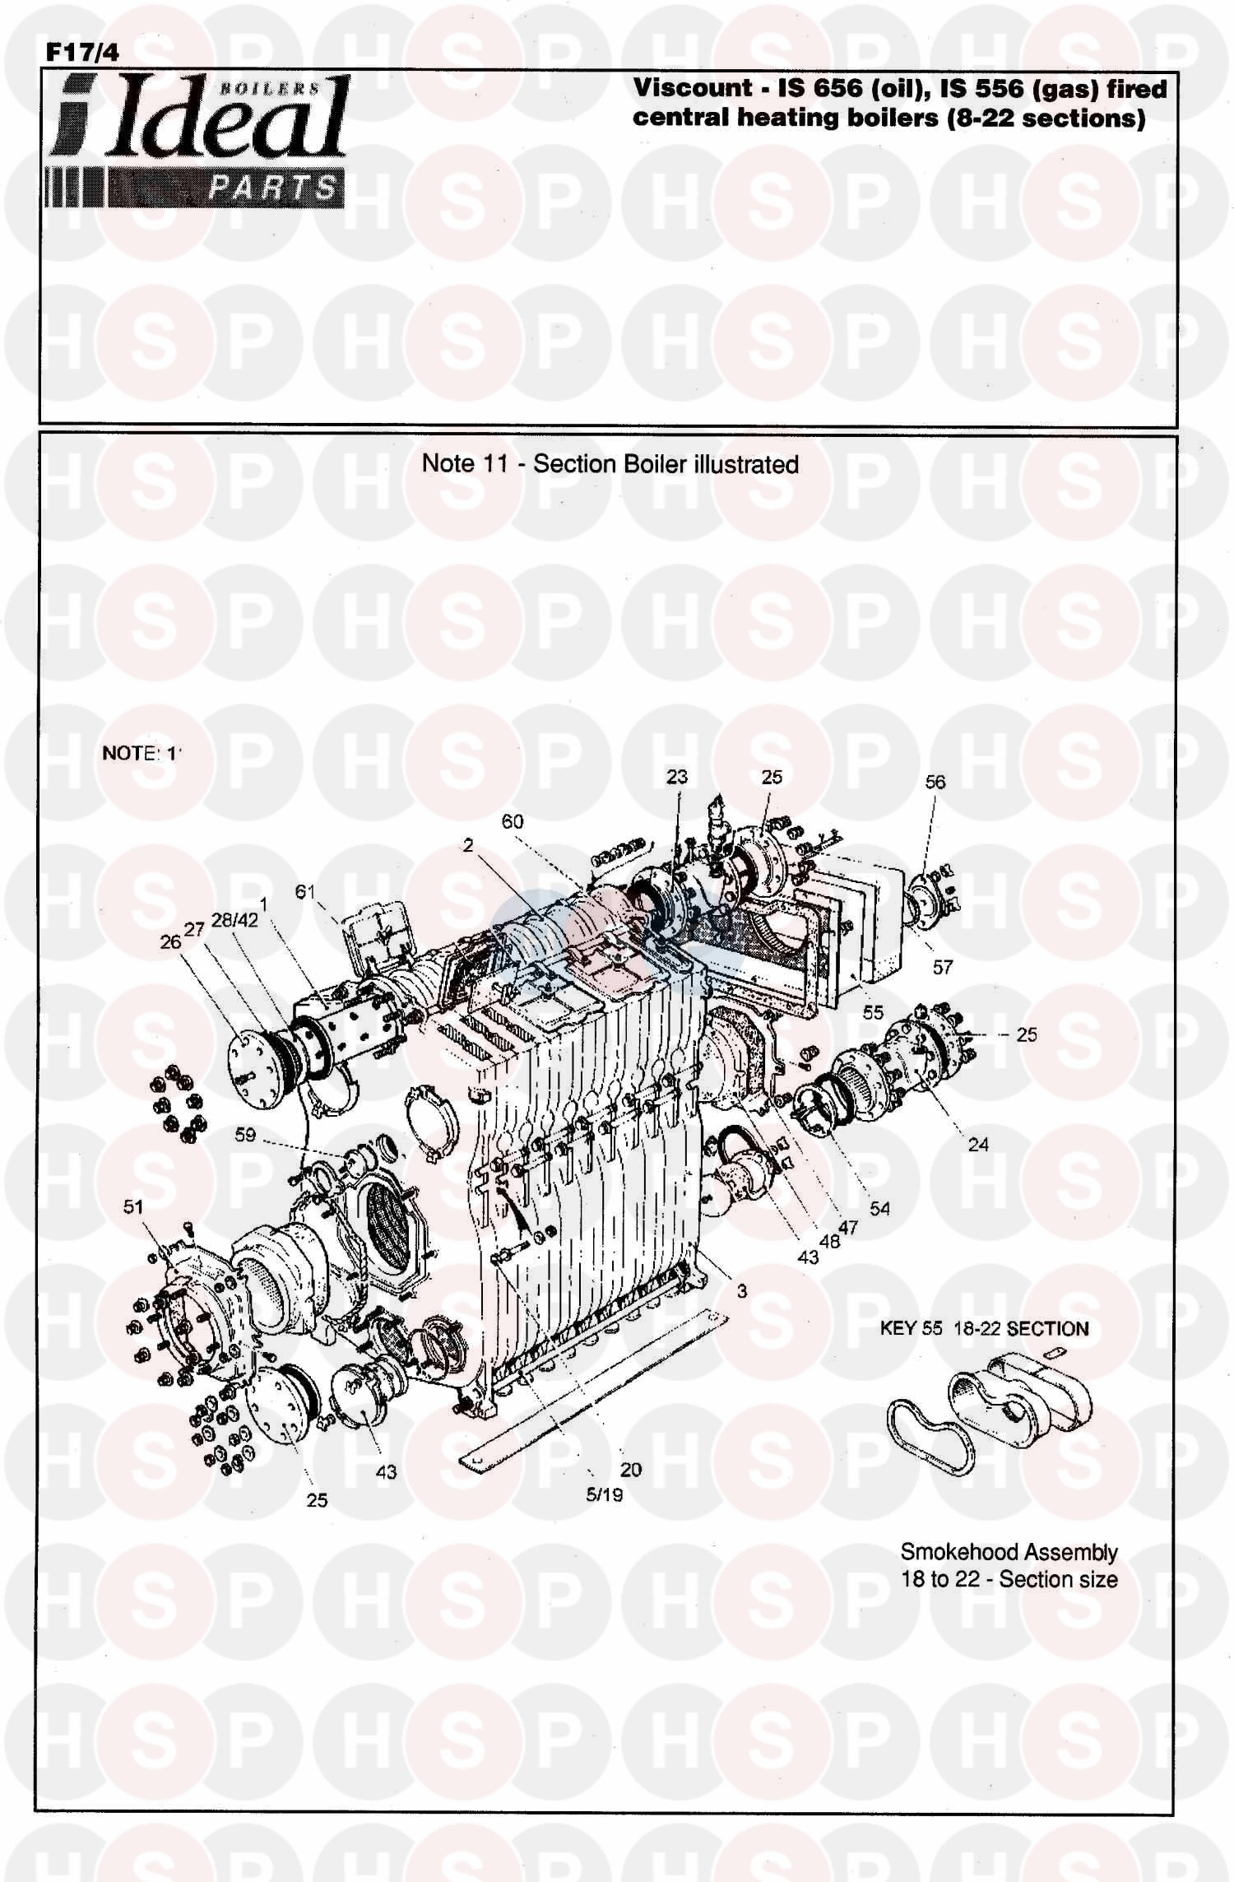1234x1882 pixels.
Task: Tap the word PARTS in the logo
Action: click(271, 188)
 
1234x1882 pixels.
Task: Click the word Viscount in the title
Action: click(692, 88)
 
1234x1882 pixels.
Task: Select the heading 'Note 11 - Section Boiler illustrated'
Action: click(610, 464)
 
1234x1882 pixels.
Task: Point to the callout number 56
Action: click(935, 782)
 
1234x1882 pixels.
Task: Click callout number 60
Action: click(512, 821)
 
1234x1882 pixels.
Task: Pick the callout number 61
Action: click(305, 891)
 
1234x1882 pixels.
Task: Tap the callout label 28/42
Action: click(234, 919)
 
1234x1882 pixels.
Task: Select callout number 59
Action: click(245, 1135)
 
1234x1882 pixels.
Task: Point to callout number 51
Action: click(133, 1207)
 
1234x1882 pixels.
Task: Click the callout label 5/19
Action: click(605, 1495)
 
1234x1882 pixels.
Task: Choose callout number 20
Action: click(631, 1470)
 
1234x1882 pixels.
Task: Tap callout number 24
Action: click(978, 1144)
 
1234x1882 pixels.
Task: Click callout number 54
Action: click(879, 1209)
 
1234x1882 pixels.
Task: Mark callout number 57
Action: click(942, 968)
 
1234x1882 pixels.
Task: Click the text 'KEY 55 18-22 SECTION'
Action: click(984, 1329)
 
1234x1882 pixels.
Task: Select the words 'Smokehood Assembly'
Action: click(1009, 1552)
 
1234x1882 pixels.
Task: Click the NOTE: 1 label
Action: click(139, 753)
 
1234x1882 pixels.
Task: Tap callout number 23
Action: click(676, 777)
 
